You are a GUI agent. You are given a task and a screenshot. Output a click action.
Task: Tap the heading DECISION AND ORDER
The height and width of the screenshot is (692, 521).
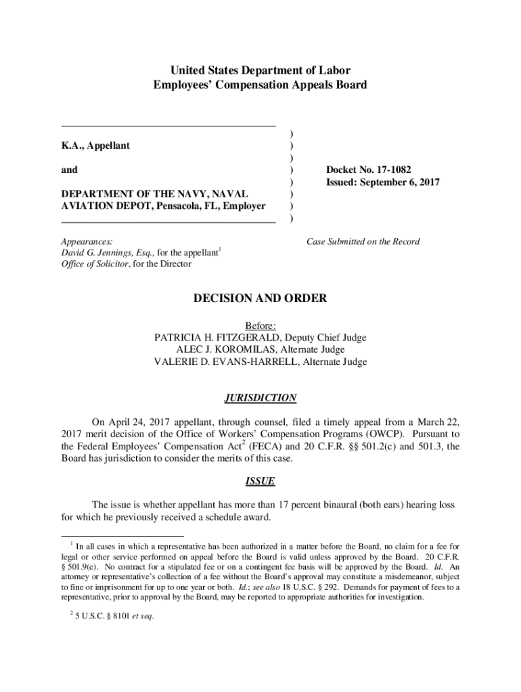click(260, 298)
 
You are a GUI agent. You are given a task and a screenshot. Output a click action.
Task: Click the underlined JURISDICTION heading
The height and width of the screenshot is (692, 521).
click(260, 398)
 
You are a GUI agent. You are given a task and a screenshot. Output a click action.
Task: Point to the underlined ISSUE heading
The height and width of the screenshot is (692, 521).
click(260, 482)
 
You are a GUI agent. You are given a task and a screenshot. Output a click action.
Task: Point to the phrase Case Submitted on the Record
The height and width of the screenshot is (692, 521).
click(363, 241)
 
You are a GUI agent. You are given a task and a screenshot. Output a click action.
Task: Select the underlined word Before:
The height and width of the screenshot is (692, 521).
click(260, 326)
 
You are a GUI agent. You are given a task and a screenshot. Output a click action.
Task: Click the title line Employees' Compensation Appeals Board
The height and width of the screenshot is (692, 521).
click(260, 85)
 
